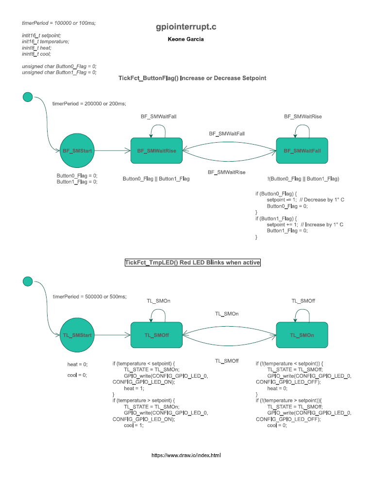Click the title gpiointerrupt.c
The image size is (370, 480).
[185, 28]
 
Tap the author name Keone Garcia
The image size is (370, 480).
[185, 39]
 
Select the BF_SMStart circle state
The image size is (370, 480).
[77, 151]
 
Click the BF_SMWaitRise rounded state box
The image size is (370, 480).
[156, 151]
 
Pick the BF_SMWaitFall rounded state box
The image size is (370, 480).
[302, 151]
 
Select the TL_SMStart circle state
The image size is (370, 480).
[77, 335]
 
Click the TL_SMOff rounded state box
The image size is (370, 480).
[156, 335]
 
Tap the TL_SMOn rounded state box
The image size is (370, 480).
[302, 335]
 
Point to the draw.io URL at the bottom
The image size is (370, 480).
[186, 455]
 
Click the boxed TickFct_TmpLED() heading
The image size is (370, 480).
[193, 263]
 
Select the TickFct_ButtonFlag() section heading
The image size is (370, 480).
[192, 78]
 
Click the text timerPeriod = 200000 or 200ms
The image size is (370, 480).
[89, 103]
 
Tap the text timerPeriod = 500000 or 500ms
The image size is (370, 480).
[89, 297]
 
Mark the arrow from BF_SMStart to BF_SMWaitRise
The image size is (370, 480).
[112, 151]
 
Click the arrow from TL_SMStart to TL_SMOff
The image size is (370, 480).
[112, 335]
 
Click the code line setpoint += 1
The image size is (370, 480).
[282, 225]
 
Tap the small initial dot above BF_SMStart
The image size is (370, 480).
[28, 97]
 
